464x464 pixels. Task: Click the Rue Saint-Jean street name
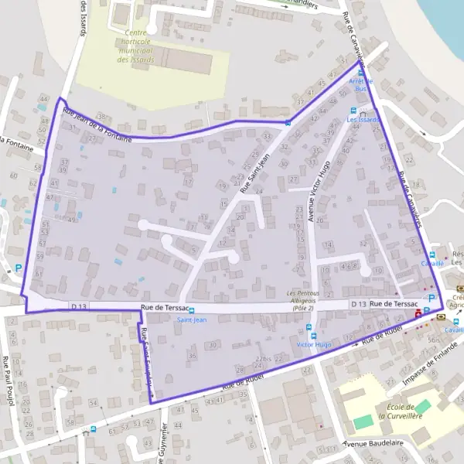click(255, 173)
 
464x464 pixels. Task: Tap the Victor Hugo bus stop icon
click(312, 335)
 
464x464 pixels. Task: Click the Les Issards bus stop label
click(363, 120)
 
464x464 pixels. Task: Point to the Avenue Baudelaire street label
click(375, 444)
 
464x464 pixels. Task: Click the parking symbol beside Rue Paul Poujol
click(18, 271)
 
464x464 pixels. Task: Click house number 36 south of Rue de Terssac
click(191, 355)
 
